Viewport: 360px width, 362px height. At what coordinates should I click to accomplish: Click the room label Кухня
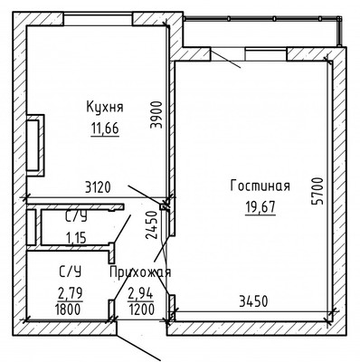pyautogui.click(x=105, y=107)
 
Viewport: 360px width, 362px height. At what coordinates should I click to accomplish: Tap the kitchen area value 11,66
pyautogui.click(x=105, y=129)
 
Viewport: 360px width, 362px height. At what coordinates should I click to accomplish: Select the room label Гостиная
pyautogui.click(x=260, y=186)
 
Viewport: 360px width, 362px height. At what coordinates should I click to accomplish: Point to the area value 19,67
pyautogui.click(x=261, y=207)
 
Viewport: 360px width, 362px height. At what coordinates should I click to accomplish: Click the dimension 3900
pyautogui.click(x=156, y=115)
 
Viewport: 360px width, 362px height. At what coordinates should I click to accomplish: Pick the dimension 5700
pyautogui.click(x=317, y=191)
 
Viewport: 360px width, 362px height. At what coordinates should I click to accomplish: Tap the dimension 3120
pyautogui.click(x=98, y=187)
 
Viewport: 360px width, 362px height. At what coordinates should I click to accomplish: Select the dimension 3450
pyautogui.click(x=253, y=301)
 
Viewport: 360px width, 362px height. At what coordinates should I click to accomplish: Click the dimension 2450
pyautogui.click(x=152, y=225)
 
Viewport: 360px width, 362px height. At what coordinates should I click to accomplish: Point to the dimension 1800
pyautogui.click(x=68, y=310)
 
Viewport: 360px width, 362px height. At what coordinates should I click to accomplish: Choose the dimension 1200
pyautogui.click(x=142, y=310)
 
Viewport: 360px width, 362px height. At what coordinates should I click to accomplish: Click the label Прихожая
pyautogui.click(x=140, y=272)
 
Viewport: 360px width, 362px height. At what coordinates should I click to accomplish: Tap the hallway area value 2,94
pyautogui.click(x=141, y=293)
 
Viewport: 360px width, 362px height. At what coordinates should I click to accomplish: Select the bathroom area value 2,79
pyautogui.click(x=71, y=293)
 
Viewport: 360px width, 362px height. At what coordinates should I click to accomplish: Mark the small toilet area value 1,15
pyautogui.click(x=76, y=238)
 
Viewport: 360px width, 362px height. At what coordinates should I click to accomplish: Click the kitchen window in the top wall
pyautogui.click(x=98, y=19)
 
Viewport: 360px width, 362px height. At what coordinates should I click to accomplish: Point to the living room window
pyautogui.click(x=266, y=54)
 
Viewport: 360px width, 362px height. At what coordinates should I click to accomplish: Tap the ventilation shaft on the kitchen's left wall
pyautogui.click(x=35, y=146)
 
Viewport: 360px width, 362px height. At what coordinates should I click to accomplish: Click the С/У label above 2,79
pyautogui.click(x=70, y=272)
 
